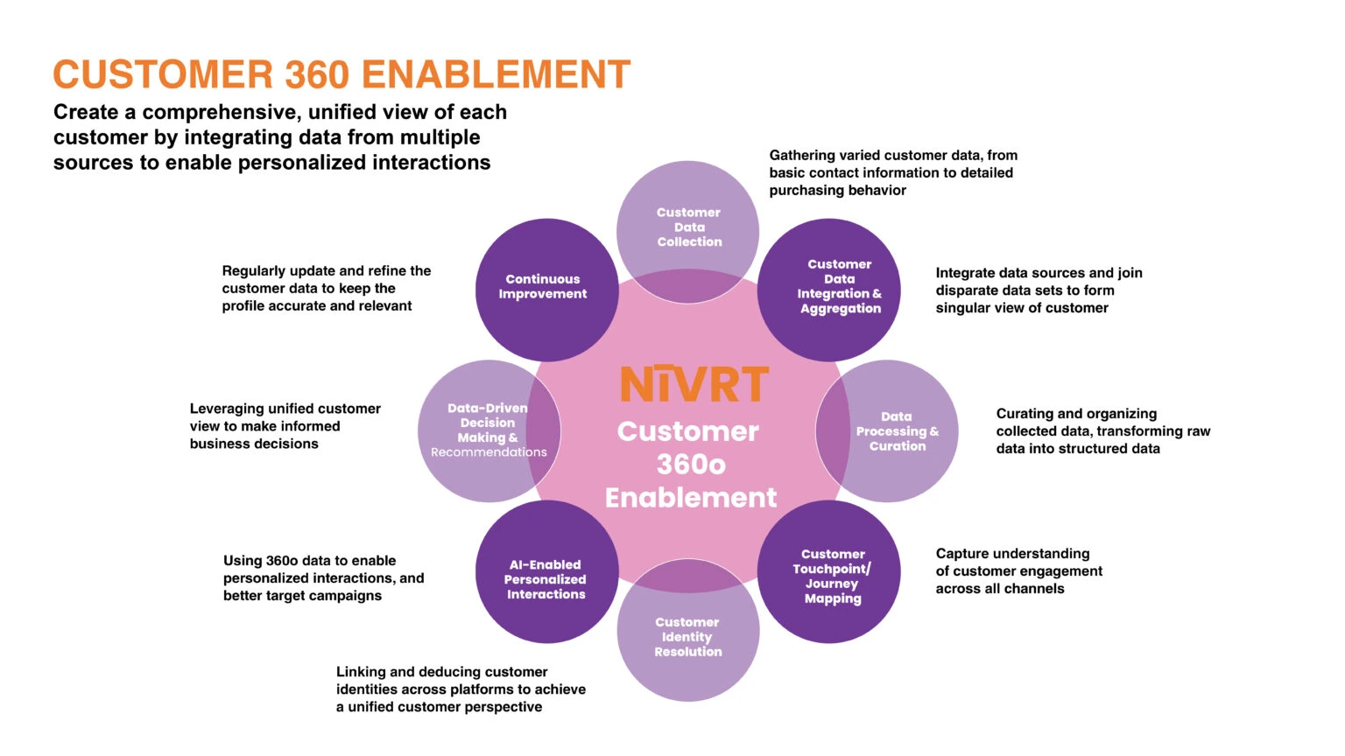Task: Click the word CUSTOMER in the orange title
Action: (x=164, y=74)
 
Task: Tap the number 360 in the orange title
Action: (x=317, y=74)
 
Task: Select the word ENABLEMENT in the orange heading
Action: (x=496, y=74)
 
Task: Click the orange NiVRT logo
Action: (x=694, y=383)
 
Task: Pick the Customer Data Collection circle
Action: (x=688, y=232)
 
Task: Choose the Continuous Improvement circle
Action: (x=547, y=290)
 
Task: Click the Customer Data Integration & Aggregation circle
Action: (x=828, y=290)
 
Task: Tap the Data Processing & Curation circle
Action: (x=887, y=430)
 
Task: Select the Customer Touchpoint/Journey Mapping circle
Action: (x=828, y=571)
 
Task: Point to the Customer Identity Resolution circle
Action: (x=688, y=630)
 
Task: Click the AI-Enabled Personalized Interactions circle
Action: (x=547, y=571)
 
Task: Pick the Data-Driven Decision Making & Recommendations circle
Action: (x=489, y=430)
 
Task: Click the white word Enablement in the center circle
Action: (x=691, y=498)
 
